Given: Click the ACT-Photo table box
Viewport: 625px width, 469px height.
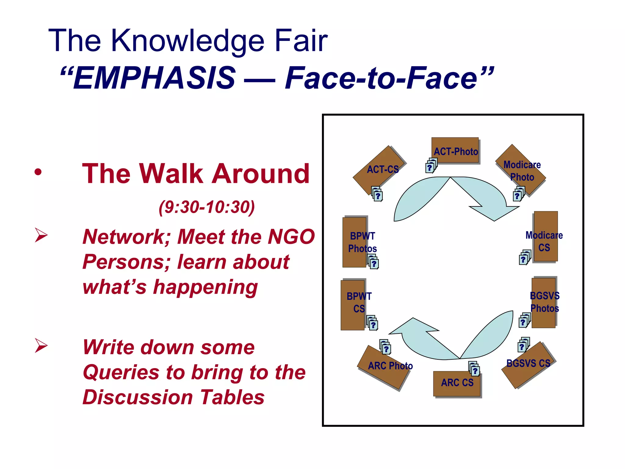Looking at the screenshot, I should click(455, 150).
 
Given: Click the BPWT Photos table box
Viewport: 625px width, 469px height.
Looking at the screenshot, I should click(355, 242).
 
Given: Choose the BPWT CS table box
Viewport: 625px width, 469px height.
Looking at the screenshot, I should click(352, 305).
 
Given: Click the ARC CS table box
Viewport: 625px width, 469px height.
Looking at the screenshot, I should click(457, 384).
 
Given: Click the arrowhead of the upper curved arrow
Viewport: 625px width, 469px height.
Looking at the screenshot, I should click(494, 211).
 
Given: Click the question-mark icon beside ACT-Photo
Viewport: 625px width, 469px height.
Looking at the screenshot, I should click(431, 166).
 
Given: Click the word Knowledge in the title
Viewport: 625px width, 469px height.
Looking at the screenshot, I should click(187, 41).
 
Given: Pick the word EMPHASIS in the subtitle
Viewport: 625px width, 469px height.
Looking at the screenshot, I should click(154, 78).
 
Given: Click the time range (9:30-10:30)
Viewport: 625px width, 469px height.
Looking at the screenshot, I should click(207, 207).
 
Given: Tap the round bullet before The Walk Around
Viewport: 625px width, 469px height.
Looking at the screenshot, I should click(38, 172).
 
